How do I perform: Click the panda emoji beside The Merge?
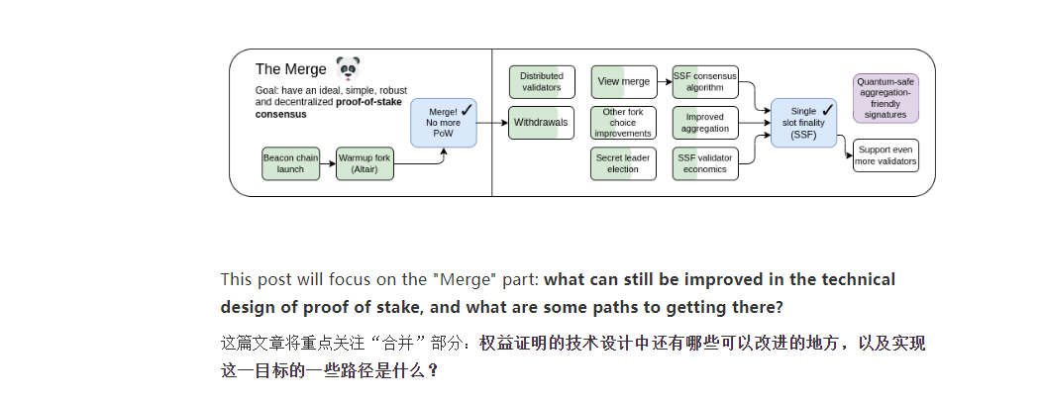[348, 68]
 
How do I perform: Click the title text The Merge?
[290, 69]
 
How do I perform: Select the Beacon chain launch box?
[290, 163]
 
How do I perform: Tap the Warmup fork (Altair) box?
[365, 163]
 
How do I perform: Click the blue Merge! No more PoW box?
[444, 124]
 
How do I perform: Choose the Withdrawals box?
[541, 124]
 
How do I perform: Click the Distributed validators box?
[541, 82]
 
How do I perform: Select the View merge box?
[624, 82]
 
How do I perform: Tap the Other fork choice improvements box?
[624, 124]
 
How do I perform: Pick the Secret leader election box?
[624, 163]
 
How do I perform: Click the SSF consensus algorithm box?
[705, 82]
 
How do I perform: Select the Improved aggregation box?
[705, 124]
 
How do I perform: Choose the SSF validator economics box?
[705, 163]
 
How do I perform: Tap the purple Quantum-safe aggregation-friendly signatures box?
[886, 97]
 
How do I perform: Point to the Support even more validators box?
[886, 155]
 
